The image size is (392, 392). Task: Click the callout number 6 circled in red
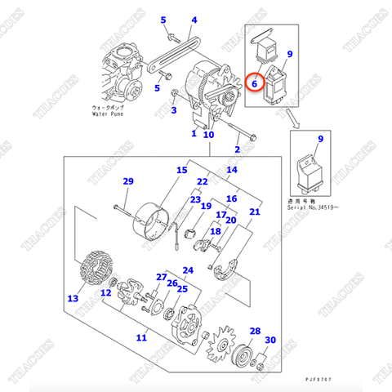(255, 82)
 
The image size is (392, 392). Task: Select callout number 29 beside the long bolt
(127, 180)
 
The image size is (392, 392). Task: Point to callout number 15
(181, 171)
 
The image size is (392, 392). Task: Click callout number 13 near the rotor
(73, 299)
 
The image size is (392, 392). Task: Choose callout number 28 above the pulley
(255, 332)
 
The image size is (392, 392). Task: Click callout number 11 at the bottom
(141, 336)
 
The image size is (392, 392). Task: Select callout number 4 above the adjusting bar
(194, 20)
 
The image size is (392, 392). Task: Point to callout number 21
(255, 212)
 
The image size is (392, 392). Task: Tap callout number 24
(187, 270)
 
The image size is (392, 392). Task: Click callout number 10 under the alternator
(208, 134)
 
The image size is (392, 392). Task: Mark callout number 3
(173, 110)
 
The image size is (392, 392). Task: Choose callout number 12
(106, 292)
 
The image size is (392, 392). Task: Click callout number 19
(207, 208)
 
